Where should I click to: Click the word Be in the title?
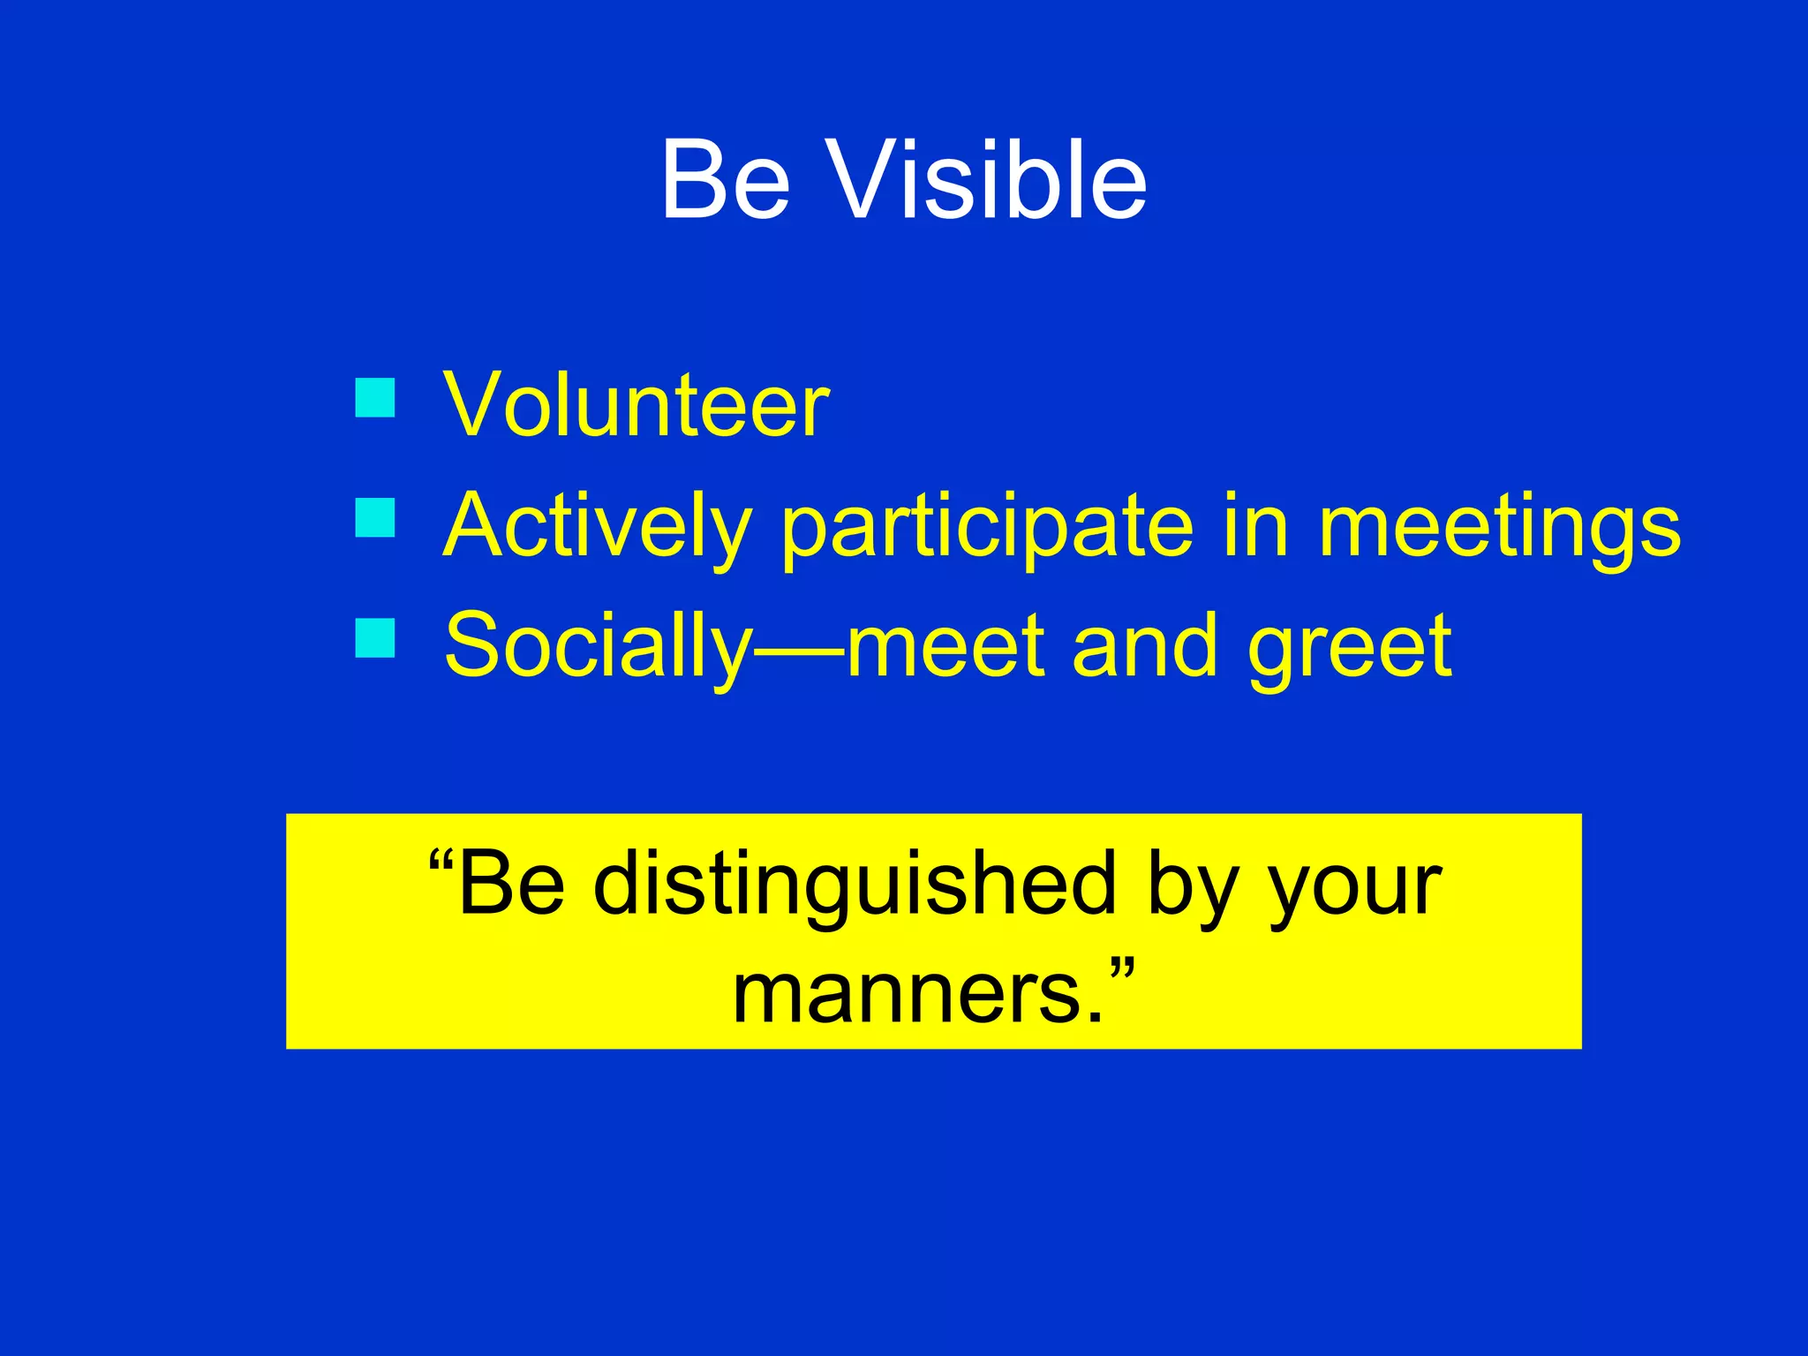pyautogui.click(x=724, y=181)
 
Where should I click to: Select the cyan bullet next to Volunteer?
pyautogui.click(x=375, y=397)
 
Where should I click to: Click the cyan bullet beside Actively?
pyautogui.click(x=375, y=517)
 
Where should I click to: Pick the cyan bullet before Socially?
pyautogui.click(x=375, y=637)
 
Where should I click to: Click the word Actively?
pyautogui.click(x=597, y=527)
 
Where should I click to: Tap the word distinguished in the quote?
pyautogui.click(x=855, y=885)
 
